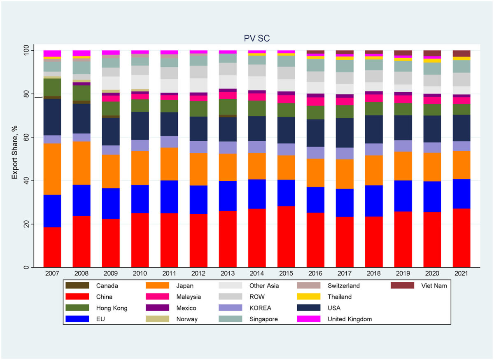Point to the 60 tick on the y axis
pos(27,137)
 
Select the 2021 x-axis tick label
pos(461,273)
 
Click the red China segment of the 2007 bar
pos(52,247)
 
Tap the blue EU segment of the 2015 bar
pos(286,193)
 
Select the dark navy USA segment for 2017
pos(345,133)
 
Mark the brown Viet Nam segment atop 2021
pos(461,54)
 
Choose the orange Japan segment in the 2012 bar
pos(198,169)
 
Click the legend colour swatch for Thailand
pos(310,297)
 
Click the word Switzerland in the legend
pos(344,285)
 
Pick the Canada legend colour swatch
pos(77,285)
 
